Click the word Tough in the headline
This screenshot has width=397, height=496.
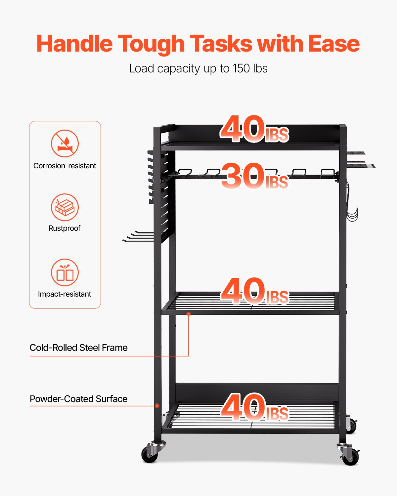pyautogui.click(x=151, y=44)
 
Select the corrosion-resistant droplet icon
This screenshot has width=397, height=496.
pyautogui.click(x=65, y=143)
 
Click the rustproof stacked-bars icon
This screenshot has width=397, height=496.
pyautogui.click(x=65, y=207)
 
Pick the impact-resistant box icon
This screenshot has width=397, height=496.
pyautogui.click(x=65, y=272)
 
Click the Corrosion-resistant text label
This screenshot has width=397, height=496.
pyautogui.click(x=65, y=166)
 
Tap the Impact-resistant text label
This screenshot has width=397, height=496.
pyautogui.click(x=65, y=294)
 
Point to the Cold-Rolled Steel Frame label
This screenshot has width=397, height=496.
pyautogui.click(x=78, y=348)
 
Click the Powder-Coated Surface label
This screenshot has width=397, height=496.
pyautogui.click(x=78, y=399)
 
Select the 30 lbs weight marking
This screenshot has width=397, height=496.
pyautogui.click(x=254, y=176)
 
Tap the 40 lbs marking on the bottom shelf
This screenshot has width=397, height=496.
pyautogui.click(x=254, y=407)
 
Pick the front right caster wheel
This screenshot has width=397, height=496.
pyautogui.click(x=350, y=456)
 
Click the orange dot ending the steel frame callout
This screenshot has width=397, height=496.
pyautogui.click(x=189, y=314)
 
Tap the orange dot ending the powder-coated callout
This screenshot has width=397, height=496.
pyautogui.click(x=157, y=406)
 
